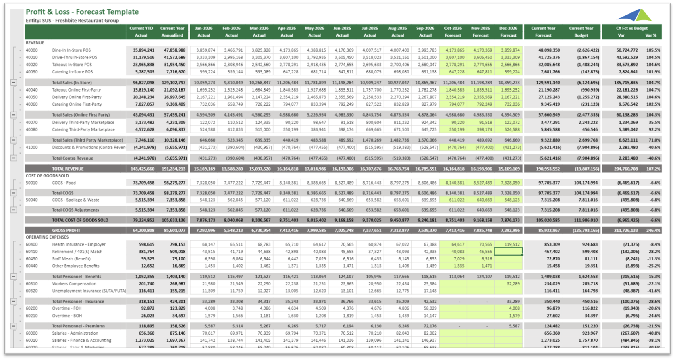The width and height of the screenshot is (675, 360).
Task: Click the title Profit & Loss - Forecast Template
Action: click(x=82, y=12)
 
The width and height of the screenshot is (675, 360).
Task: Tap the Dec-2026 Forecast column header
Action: click(x=508, y=32)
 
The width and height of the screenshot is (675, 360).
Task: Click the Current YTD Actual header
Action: click(x=141, y=32)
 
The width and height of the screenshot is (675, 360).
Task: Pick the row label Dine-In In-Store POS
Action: click(x=71, y=50)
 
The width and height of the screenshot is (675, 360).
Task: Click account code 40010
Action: click(x=32, y=58)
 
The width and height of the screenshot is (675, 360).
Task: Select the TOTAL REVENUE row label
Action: click(x=68, y=169)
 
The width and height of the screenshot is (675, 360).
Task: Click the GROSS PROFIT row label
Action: click(x=66, y=230)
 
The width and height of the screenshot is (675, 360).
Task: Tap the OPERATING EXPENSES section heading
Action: click(x=47, y=237)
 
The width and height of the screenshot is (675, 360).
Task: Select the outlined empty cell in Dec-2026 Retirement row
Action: click(x=508, y=252)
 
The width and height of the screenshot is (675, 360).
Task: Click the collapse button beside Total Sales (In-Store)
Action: click(x=14, y=83)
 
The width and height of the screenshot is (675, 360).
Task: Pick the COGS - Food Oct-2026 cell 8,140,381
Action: click(x=453, y=183)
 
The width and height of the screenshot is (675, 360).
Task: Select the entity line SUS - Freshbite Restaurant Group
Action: click(x=72, y=21)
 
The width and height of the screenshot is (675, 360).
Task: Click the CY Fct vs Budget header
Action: click(x=631, y=29)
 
